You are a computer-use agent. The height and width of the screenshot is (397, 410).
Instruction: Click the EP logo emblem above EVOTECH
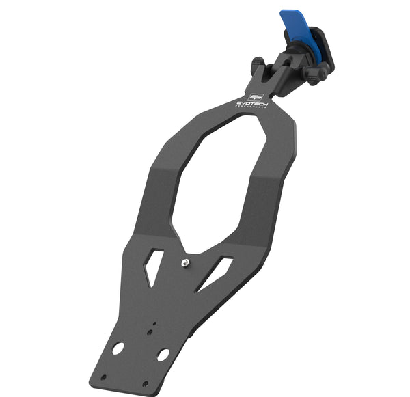(256, 96)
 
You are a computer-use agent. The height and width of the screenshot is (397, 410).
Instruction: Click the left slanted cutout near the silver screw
(154, 266)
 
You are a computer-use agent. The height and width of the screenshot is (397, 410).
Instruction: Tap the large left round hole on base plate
(118, 348)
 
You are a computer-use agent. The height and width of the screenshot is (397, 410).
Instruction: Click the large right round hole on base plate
(163, 355)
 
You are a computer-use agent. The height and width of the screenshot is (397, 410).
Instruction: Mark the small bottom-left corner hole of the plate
(103, 377)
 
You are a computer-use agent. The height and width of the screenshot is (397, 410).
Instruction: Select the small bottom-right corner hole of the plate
(144, 384)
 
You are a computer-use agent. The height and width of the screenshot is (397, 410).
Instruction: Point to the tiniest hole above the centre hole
(154, 324)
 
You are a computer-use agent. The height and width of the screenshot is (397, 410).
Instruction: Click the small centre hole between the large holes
(149, 333)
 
